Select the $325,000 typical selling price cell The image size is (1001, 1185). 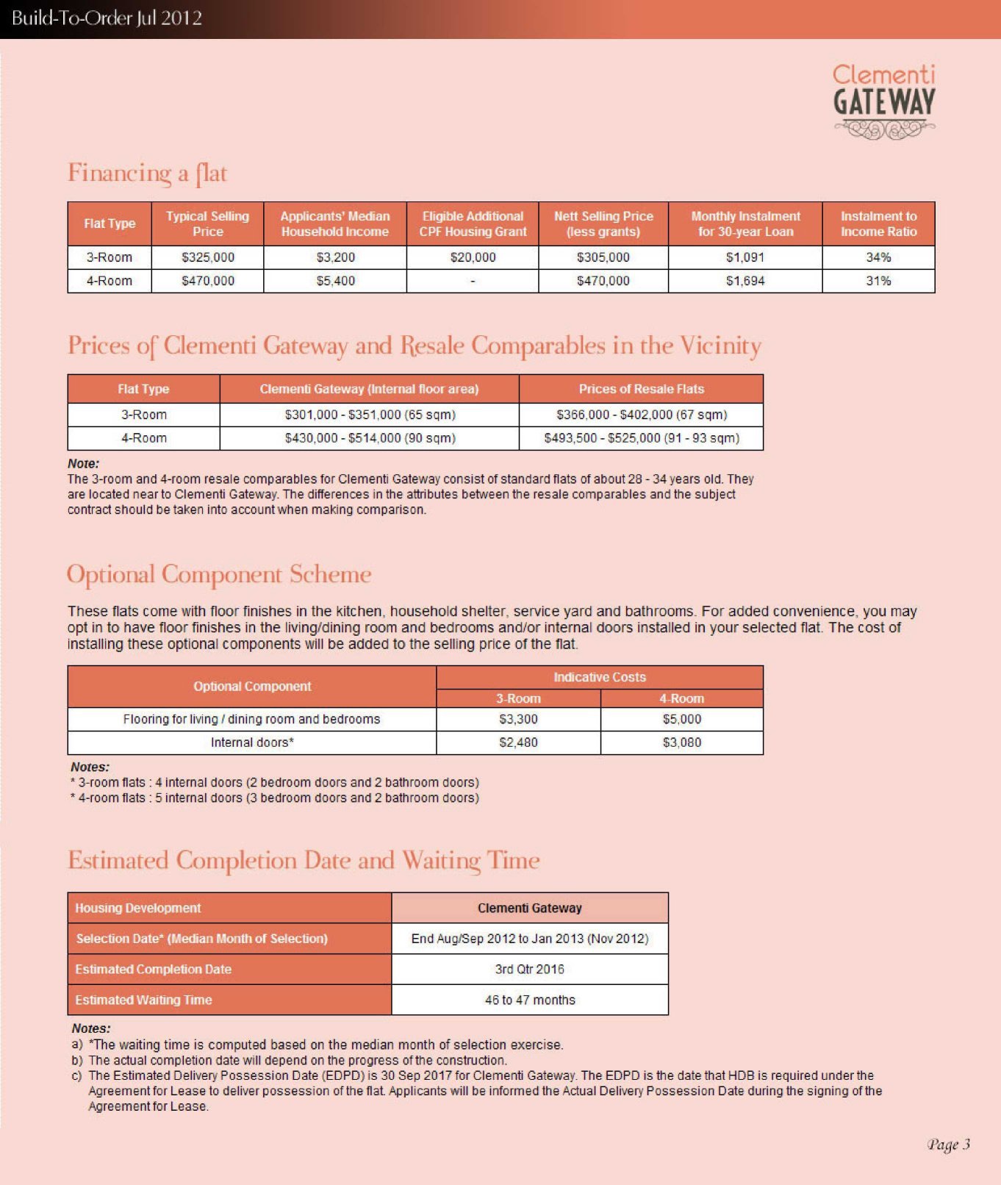click(208, 257)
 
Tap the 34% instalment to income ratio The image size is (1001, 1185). click(878, 257)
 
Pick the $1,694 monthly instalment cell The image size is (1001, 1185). click(745, 281)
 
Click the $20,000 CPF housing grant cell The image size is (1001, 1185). click(473, 257)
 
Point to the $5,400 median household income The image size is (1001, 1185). click(335, 281)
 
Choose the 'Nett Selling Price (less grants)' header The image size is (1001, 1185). click(603, 223)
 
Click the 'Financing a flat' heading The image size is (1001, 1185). click(147, 173)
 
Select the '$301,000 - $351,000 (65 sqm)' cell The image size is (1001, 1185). click(370, 415)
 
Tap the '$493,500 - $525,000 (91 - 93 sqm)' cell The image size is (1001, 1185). click(641, 438)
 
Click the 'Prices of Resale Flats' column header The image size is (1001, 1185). click(641, 389)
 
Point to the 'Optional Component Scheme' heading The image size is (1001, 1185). click(219, 574)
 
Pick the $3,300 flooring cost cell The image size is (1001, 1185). click(518, 719)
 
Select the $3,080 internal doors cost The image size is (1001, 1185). click(681, 742)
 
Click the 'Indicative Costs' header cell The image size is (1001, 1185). click(599, 677)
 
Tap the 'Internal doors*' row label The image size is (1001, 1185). click(252, 742)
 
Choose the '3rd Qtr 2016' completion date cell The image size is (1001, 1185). click(529, 969)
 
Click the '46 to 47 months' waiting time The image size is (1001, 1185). click(529, 1000)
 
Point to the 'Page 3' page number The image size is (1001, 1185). click(948, 1145)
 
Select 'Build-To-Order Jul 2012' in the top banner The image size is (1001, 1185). click(107, 18)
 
